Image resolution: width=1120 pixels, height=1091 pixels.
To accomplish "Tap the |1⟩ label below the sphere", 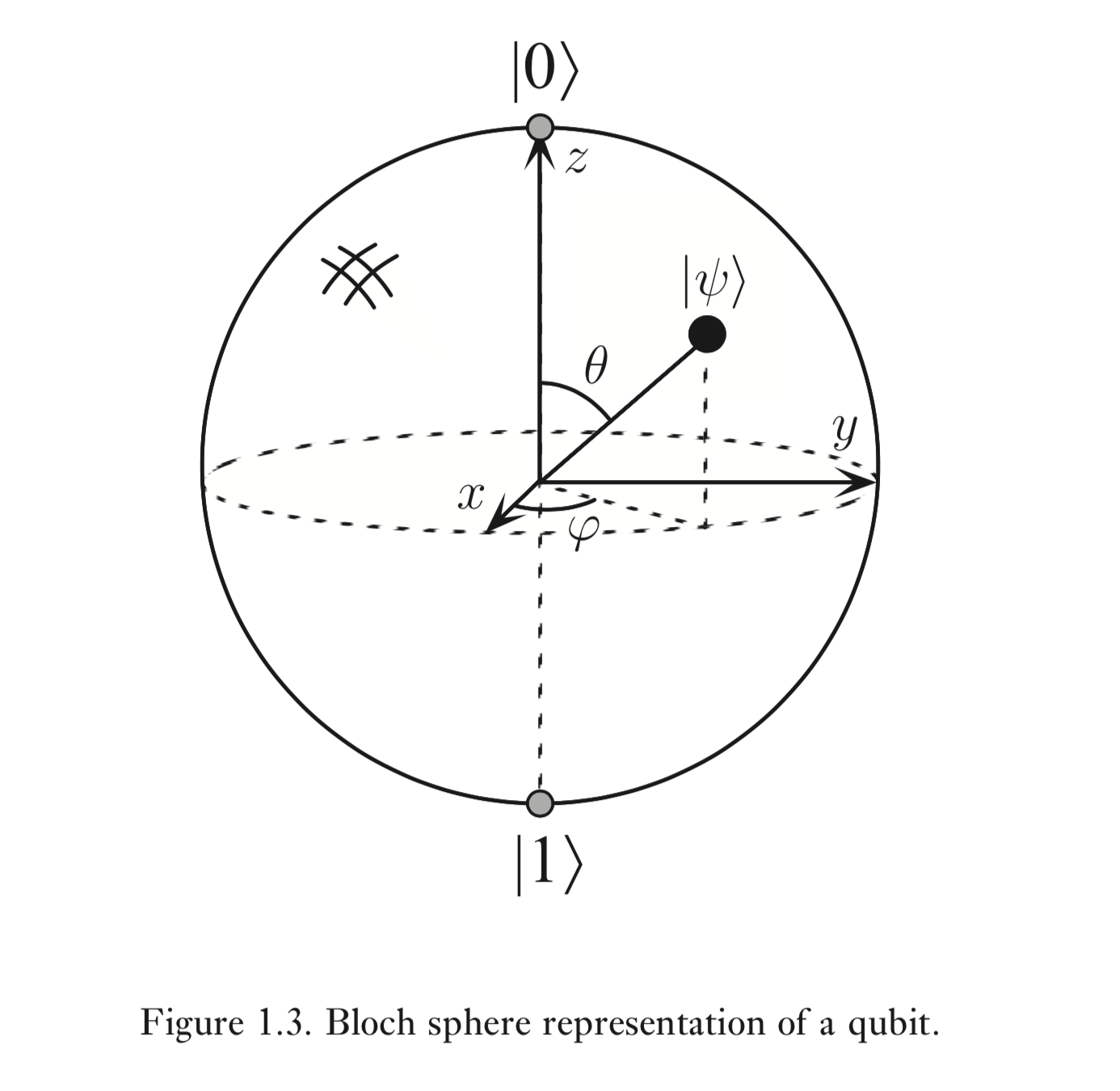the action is coord(549,866).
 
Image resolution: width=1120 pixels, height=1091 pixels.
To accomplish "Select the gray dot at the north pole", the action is coord(540,127).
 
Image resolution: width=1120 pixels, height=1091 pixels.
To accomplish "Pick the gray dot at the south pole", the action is coord(540,803).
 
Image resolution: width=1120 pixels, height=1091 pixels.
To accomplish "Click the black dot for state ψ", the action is coord(707,334).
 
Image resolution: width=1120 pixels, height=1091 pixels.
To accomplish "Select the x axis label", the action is coord(471,497).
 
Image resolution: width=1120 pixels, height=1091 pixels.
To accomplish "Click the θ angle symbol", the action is coord(596,365).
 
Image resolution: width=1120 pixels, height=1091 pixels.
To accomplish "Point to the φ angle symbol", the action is coord(583,533).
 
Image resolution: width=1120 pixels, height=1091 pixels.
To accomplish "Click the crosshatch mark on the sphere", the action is coord(360,276).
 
